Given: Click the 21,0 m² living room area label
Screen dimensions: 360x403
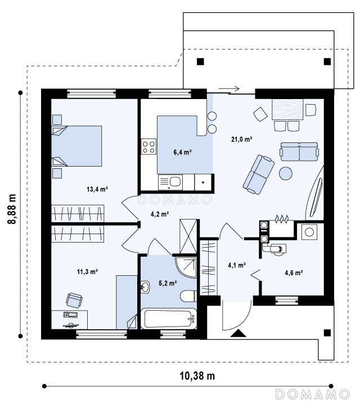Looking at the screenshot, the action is click(241, 140).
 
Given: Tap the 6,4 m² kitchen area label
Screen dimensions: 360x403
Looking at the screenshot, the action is click(183, 152).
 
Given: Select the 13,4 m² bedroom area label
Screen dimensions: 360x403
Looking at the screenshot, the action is click(97, 190).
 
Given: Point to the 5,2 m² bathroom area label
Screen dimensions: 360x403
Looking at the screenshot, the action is click(168, 283).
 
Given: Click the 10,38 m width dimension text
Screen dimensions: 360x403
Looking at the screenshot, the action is click(197, 376).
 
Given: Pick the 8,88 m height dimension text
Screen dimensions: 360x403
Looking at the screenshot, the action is click(12, 209).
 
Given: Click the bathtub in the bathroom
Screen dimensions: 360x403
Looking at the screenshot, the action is click(168, 318).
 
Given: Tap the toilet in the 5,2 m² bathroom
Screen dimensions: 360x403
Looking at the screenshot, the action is click(189, 296).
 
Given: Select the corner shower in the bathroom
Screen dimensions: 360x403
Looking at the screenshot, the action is click(186, 267).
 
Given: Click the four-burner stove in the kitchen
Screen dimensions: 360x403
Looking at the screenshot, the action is click(148, 146).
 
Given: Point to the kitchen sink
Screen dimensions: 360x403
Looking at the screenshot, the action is click(170, 182).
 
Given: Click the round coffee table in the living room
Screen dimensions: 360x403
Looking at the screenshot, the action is click(286, 173).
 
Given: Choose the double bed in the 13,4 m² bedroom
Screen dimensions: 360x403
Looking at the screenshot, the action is click(76, 146).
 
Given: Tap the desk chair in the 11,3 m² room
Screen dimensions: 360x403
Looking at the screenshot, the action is click(74, 300).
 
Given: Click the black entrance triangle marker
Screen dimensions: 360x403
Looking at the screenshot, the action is click(238, 333).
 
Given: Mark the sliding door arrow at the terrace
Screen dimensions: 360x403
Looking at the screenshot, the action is click(229, 89).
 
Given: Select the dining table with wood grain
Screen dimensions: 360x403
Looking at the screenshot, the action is click(288, 109).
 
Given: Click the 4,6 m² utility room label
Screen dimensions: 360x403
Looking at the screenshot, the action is click(294, 272).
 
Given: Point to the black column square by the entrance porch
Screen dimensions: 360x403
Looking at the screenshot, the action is click(327, 333).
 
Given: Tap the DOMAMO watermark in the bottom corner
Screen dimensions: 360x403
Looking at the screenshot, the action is click(313, 394).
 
